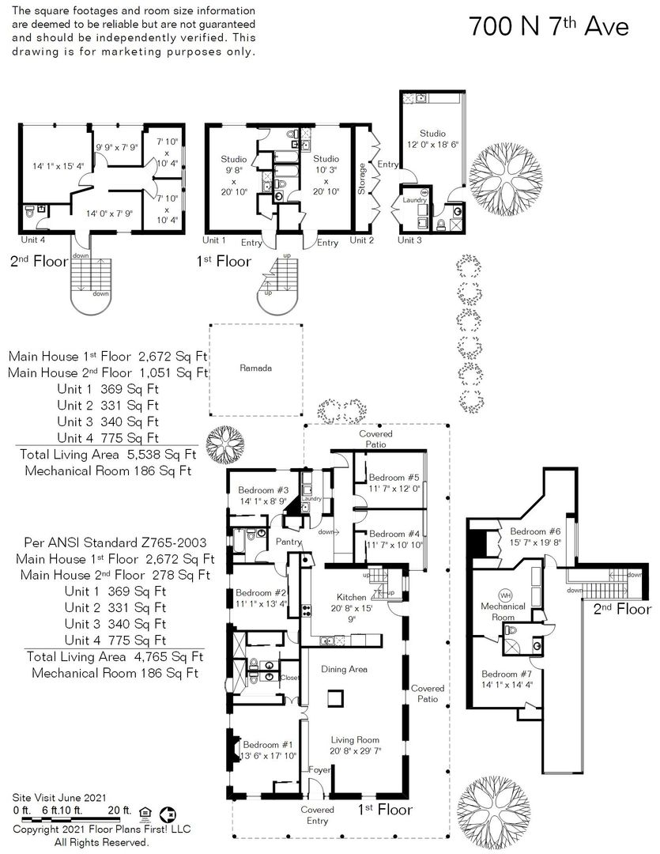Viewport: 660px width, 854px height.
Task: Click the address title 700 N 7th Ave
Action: (x=549, y=25)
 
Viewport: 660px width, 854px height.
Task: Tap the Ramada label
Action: (x=255, y=368)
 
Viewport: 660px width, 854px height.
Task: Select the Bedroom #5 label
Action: (x=394, y=478)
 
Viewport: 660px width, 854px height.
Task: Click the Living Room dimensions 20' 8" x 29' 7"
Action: (x=355, y=751)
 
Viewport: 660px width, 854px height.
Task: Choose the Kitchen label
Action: (x=351, y=598)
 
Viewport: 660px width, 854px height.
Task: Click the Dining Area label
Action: (x=344, y=670)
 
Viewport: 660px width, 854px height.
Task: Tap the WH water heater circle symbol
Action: (x=505, y=595)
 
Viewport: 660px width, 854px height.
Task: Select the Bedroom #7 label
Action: (x=507, y=675)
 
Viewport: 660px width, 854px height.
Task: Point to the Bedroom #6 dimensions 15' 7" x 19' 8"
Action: (x=535, y=542)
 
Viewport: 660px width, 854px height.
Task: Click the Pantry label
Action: (x=289, y=542)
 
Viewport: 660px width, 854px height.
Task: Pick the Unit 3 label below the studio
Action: (x=409, y=240)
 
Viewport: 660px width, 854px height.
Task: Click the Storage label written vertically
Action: (x=361, y=179)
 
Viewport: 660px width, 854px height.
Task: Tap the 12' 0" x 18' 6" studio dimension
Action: (x=433, y=145)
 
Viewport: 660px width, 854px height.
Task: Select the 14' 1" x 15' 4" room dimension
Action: (x=58, y=166)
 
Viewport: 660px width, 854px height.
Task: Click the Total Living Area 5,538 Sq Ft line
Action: (x=107, y=454)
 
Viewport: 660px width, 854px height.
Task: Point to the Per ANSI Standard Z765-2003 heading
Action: (x=115, y=542)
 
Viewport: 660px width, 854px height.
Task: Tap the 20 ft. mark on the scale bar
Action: (x=119, y=811)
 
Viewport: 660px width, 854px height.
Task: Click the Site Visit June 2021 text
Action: (x=59, y=799)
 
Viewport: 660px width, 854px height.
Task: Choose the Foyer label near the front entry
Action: (x=319, y=769)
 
